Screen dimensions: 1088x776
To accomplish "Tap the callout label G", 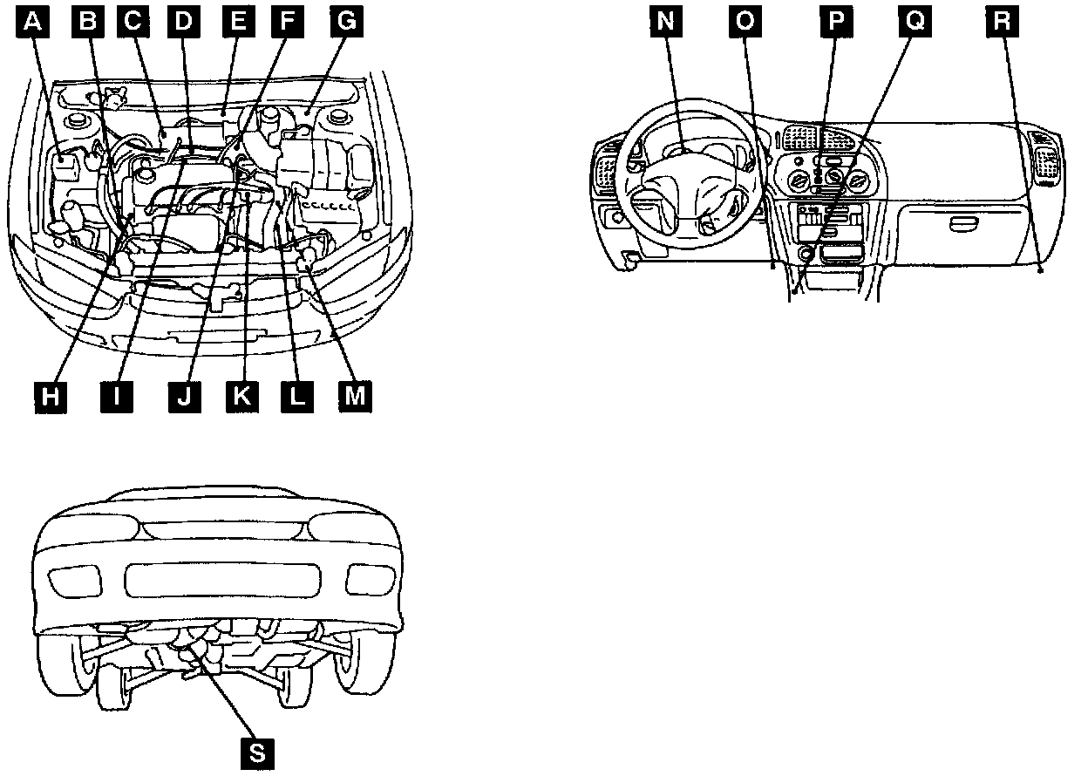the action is (345, 22).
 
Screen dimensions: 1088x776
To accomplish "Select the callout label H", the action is (51, 397).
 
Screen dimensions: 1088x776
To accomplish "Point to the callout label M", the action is (353, 397).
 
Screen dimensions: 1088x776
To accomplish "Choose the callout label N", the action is (666, 22).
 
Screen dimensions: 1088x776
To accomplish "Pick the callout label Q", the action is (915, 22).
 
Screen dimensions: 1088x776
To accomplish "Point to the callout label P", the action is (834, 22).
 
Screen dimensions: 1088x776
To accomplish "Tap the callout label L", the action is (297, 397).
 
